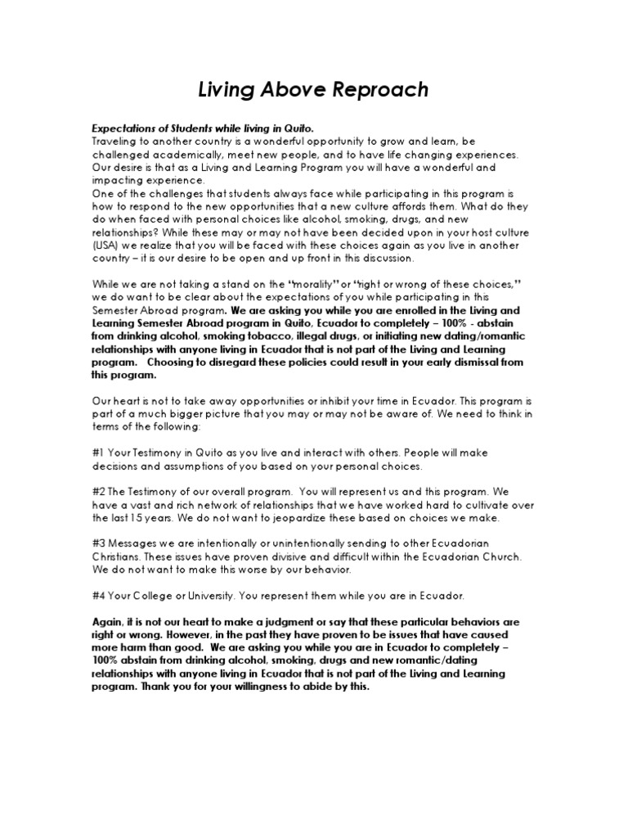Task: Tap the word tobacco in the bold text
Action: [x=234, y=337]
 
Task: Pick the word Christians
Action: [x=120, y=556]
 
